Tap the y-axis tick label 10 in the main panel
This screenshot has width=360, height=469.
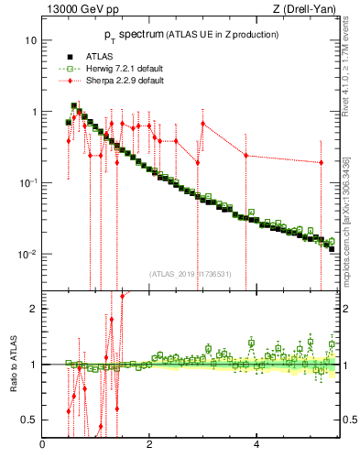point(31,41)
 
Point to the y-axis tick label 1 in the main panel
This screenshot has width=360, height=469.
point(34,112)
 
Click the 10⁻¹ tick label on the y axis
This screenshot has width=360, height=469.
point(29,182)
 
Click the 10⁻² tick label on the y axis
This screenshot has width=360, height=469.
point(29,254)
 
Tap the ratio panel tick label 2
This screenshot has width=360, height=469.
point(34,309)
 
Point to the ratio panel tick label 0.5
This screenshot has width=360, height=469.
point(30,420)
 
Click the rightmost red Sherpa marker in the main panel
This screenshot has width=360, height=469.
point(321,163)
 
